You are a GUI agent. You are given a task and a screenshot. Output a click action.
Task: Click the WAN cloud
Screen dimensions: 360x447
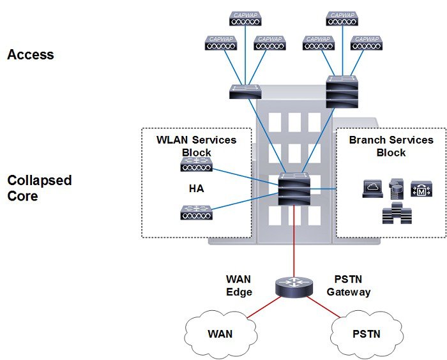(220, 333)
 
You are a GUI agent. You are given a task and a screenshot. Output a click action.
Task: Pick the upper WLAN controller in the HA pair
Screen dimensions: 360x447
(195, 167)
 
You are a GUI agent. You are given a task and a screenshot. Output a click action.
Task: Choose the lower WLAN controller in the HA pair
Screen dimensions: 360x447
(195, 213)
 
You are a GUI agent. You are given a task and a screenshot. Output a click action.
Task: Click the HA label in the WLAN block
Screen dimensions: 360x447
(195, 190)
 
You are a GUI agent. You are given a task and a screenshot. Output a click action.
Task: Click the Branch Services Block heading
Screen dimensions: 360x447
(391, 146)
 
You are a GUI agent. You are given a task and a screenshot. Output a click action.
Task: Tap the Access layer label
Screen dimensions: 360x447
(30, 55)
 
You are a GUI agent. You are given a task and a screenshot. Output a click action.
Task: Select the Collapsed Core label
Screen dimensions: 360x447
(39, 188)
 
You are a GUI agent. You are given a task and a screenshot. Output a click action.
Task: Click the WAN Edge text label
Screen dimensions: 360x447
(239, 285)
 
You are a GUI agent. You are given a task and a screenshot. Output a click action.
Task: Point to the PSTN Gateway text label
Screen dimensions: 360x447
(349, 285)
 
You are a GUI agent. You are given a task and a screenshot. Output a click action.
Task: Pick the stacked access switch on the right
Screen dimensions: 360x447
(342, 91)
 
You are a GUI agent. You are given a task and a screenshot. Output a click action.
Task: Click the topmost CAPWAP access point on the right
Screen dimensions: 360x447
(342, 19)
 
